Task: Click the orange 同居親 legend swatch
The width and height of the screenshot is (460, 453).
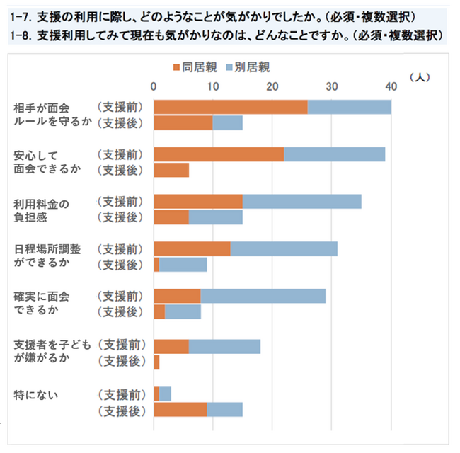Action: click(x=177, y=67)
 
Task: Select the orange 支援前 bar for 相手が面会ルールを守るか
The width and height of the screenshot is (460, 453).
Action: click(x=231, y=107)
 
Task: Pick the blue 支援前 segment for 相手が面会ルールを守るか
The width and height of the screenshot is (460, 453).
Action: click(x=350, y=107)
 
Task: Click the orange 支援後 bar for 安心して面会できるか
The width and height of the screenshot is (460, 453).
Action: click(x=171, y=170)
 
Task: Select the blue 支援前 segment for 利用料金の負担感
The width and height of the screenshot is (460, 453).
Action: click(x=302, y=201)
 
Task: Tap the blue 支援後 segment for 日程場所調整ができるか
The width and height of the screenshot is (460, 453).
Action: click(x=183, y=265)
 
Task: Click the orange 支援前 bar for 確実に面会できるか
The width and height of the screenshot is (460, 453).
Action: click(x=178, y=296)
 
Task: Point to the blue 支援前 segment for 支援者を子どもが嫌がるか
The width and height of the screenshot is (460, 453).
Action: click(x=224, y=345)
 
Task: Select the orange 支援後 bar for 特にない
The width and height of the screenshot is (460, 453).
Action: click(x=180, y=409)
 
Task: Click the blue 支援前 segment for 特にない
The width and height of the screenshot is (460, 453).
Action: click(x=166, y=393)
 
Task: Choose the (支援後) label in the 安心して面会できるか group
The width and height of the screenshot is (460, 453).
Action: click(x=121, y=170)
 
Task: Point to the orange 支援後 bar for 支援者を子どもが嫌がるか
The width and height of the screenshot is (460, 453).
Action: click(x=156, y=362)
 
